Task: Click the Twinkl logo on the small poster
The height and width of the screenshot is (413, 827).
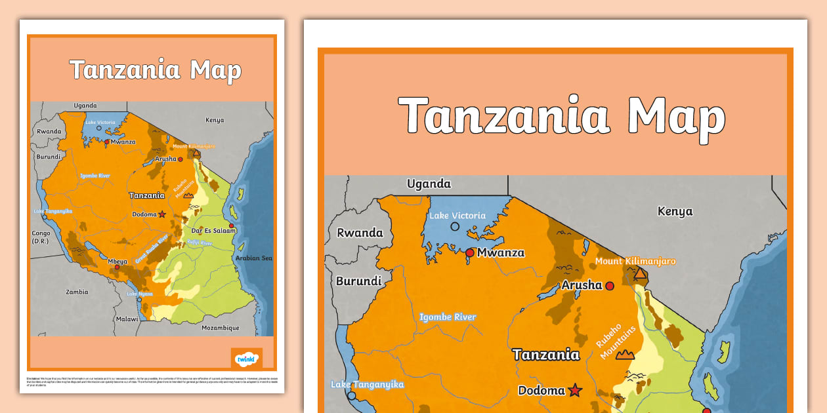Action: pyautogui.click(x=246, y=359)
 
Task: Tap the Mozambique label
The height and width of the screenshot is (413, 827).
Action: pyautogui.click(x=221, y=328)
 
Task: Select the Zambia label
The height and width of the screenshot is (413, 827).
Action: pyautogui.click(x=77, y=292)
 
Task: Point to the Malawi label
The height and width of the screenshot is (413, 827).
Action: pyautogui.click(x=127, y=319)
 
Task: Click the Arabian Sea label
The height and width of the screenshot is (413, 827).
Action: pyautogui.click(x=253, y=258)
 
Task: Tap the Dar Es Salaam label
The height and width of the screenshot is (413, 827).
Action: pyautogui.click(x=213, y=231)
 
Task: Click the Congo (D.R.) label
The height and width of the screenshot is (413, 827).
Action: pyautogui.click(x=41, y=237)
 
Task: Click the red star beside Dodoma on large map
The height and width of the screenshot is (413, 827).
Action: pyautogui.click(x=575, y=390)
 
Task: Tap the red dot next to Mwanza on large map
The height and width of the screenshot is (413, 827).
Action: pyautogui.click(x=470, y=252)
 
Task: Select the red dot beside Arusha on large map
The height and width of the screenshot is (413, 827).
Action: pyautogui.click(x=610, y=286)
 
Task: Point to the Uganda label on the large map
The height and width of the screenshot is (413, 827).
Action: pyautogui.click(x=429, y=184)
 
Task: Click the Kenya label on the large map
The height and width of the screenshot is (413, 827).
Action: pyautogui.click(x=675, y=211)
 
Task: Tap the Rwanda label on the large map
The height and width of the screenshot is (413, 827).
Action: pyautogui.click(x=360, y=233)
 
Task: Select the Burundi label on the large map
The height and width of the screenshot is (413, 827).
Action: pyautogui.click(x=358, y=281)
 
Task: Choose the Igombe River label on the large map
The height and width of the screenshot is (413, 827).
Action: pyautogui.click(x=448, y=317)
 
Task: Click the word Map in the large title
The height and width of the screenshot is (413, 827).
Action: pyautogui.click(x=676, y=117)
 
